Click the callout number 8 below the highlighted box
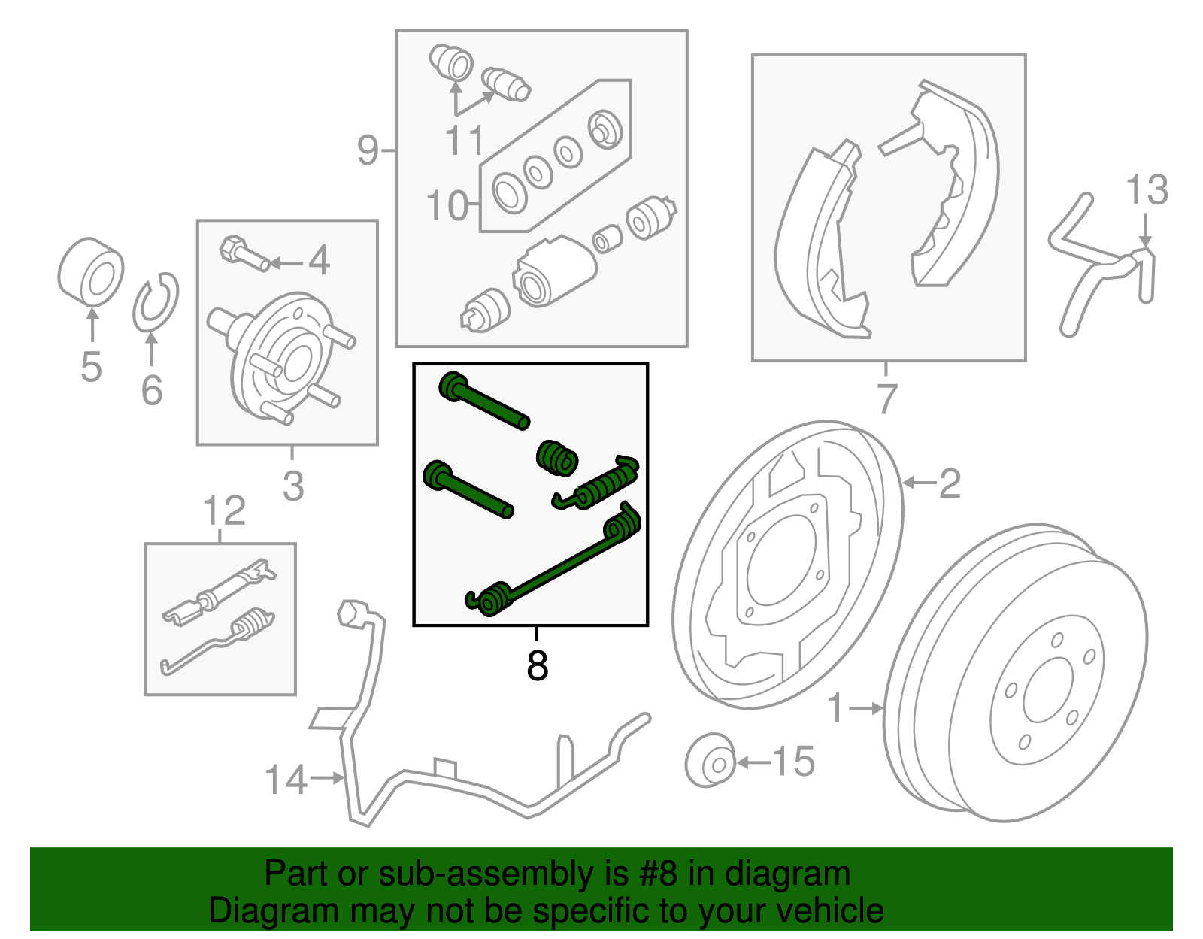(x=537, y=665)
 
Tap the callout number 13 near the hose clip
(x=1147, y=189)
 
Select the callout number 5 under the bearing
(x=91, y=367)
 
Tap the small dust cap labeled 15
(x=711, y=760)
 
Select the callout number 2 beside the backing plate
(x=950, y=483)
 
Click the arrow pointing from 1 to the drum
(x=868, y=707)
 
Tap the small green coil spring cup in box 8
(x=557, y=458)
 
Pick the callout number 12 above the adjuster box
(x=224, y=510)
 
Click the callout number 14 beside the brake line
(x=286, y=780)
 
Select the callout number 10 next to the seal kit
(x=447, y=205)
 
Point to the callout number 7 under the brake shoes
(x=887, y=398)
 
